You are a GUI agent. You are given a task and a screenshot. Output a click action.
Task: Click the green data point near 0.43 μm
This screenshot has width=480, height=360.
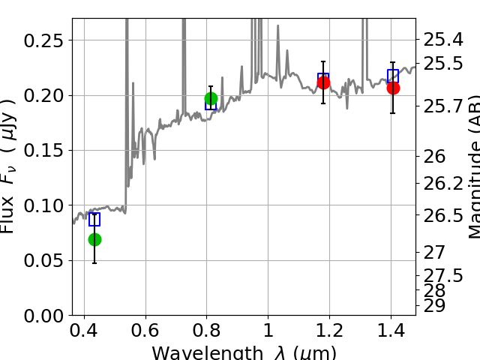[94, 239]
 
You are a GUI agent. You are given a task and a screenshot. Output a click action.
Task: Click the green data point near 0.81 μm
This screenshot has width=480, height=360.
[211, 98]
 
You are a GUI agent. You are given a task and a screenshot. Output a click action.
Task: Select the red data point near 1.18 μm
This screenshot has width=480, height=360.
[323, 82]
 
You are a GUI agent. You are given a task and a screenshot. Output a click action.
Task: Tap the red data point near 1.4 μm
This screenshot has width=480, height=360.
[393, 88]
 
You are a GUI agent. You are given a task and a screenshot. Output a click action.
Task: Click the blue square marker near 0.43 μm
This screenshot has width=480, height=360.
[94, 219]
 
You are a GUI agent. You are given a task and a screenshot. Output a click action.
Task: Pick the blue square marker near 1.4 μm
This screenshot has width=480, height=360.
[393, 76]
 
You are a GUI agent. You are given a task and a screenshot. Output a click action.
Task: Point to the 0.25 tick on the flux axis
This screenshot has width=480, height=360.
[43, 40]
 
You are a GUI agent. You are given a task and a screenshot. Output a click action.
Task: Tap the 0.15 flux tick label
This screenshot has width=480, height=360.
[43, 151]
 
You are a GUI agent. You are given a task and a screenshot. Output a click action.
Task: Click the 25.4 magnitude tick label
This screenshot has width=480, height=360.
[442, 38]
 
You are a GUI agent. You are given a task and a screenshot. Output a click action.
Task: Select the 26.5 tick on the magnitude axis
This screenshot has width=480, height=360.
[442, 216]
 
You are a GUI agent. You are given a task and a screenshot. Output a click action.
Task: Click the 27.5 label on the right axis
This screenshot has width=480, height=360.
[442, 274]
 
